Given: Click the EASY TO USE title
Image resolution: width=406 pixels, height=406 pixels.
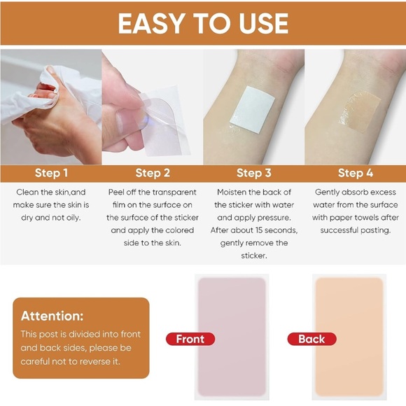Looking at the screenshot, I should click(x=203, y=23).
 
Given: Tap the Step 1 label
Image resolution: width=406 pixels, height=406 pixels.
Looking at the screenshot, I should click(x=52, y=173).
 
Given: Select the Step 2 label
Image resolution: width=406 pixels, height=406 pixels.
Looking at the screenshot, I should click(x=153, y=173).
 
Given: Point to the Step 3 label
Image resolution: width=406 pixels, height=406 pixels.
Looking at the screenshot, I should click(x=253, y=173).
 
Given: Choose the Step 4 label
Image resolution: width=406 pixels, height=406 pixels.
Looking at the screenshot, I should click(x=355, y=173).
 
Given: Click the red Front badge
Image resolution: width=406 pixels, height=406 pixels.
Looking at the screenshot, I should click(x=190, y=339).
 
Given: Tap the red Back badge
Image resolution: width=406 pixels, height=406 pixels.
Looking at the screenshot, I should click(x=311, y=339).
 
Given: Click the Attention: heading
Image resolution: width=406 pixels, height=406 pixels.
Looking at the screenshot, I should click(x=52, y=316).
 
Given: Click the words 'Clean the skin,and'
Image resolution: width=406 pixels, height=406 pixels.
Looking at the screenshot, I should click(x=51, y=192).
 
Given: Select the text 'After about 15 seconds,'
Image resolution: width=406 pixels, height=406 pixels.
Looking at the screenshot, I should click(x=253, y=230).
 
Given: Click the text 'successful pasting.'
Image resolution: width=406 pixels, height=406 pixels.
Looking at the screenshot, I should click(x=355, y=230).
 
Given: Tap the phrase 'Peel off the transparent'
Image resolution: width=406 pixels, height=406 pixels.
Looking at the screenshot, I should click(x=153, y=192).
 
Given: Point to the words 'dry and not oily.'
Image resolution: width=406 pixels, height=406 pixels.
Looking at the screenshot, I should click(x=51, y=218).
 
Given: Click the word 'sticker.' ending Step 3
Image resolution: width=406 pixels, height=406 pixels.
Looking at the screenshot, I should click(x=253, y=255).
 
